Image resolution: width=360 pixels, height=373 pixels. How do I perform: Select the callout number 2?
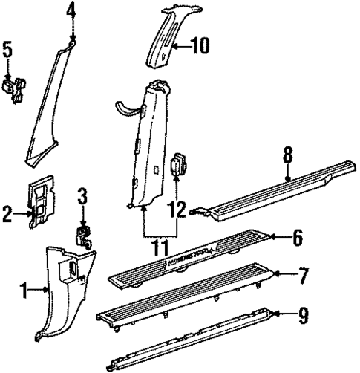8,215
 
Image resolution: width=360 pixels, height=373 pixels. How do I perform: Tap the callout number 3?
83,198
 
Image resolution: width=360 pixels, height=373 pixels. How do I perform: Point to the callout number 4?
71,10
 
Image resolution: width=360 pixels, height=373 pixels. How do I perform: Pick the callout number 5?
8,52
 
